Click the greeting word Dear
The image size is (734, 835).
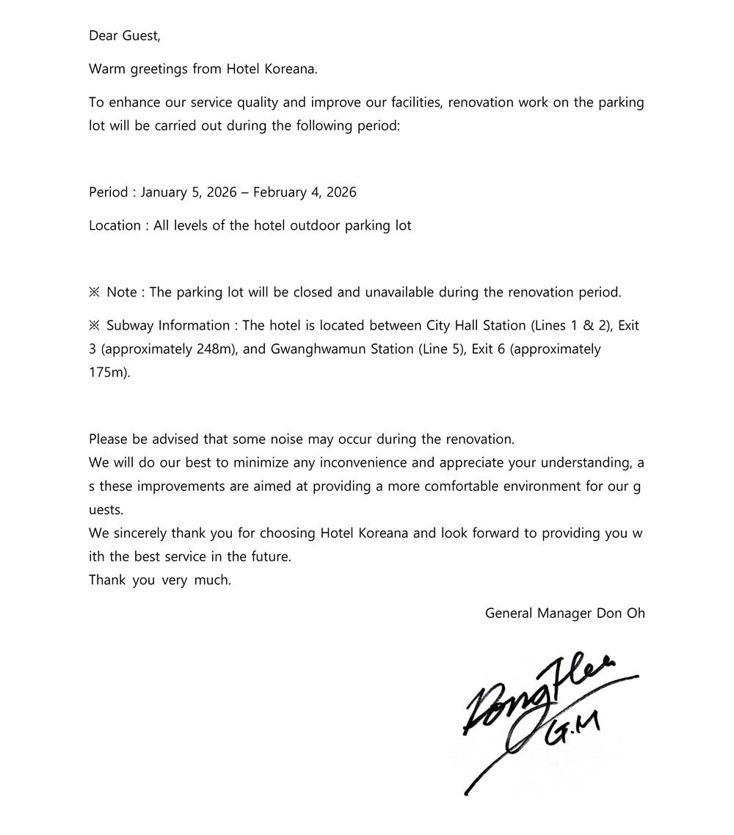[103, 35]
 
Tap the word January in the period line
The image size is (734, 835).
[164, 192]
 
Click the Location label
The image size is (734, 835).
[115, 226]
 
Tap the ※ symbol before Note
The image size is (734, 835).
[94, 293]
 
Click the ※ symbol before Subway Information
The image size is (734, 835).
[94, 326]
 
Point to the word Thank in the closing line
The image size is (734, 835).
[106, 580]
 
